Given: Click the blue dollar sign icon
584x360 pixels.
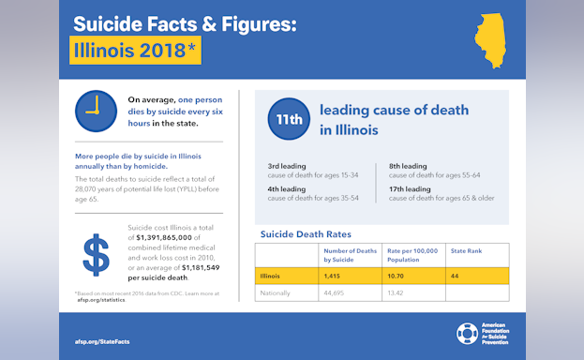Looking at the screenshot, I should [95, 258].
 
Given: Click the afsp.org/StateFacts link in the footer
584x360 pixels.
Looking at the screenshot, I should [101, 341].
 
